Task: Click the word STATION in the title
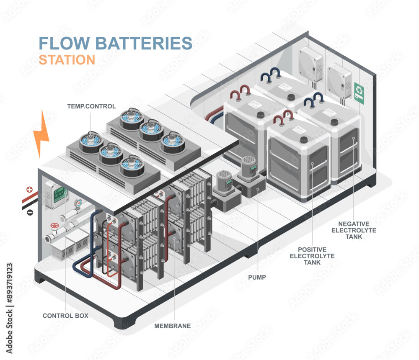click(x=67, y=59)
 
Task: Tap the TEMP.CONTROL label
click(x=91, y=106)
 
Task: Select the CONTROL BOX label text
click(x=65, y=316)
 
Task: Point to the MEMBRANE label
click(x=173, y=326)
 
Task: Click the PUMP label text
click(x=256, y=277)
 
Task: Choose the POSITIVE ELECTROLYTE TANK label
click(x=313, y=256)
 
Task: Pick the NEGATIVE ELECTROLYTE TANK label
click(x=354, y=230)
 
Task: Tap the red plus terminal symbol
click(x=29, y=190)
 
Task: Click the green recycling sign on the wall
click(x=359, y=92)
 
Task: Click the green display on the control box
click(x=60, y=193)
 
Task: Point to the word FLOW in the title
click(x=64, y=43)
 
